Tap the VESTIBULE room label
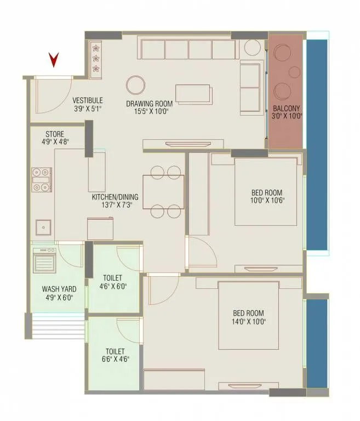click(88, 100)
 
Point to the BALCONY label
click(287, 108)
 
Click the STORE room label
click(55, 134)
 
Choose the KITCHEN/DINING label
click(115, 197)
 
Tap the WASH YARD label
click(59, 289)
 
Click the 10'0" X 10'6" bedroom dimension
click(267, 201)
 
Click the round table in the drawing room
click(136, 85)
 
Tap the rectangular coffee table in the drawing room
click(193, 93)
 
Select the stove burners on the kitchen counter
click(42, 179)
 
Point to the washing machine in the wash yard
click(44, 260)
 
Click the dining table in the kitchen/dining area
click(163, 191)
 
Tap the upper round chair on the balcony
click(284, 53)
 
